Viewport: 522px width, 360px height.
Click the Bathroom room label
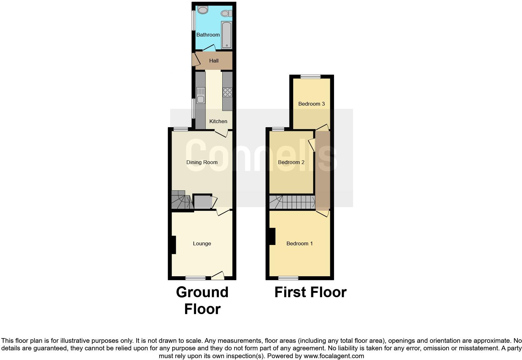click(208, 35)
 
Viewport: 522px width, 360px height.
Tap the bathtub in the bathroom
click(226, 35)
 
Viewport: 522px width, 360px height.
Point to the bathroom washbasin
click(203, 10)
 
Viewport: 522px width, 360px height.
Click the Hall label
click(214, 61)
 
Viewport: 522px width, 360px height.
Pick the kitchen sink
click(200, 96)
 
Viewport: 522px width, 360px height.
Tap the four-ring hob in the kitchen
click(228, 92)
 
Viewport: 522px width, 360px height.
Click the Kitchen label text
click(218, 121)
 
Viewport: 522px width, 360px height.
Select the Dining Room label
click(202, 162)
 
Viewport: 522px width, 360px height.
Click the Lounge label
click(202, 243)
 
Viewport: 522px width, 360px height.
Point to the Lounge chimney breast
click(174, 245)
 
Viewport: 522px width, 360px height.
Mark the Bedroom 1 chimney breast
click(272, 236)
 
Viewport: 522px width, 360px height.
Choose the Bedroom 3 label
click(312, 104)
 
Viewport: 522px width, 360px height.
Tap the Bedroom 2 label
click(291, 162)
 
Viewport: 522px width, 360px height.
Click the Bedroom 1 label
click(300, 243)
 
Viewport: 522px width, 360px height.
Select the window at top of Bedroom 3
click(311, 77)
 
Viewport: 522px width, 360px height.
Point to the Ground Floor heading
click(202, 300)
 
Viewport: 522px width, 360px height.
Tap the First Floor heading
click(310, 292)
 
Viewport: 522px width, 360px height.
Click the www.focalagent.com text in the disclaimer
click(334, 356)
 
